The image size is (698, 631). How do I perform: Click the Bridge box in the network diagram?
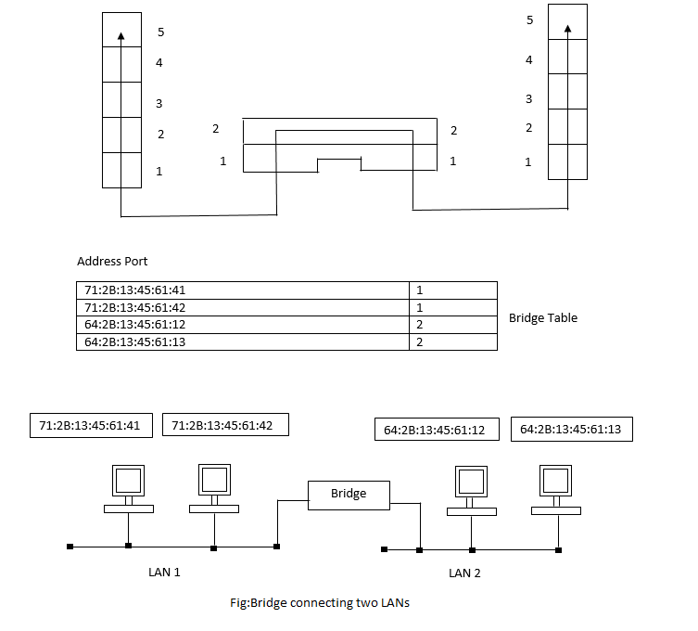pos(349,495)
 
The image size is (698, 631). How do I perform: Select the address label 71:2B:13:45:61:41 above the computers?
pos(89,425)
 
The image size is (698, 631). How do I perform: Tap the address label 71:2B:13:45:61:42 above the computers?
pos(224,425)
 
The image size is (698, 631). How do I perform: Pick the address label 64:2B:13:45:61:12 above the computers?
pos(436,430)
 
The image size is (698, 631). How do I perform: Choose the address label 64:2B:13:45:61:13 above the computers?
pos(570,429)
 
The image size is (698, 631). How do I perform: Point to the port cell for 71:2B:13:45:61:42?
pos(452,307)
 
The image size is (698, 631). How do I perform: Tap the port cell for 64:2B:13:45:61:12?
pos(452,325)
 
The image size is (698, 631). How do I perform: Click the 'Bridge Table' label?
pos(542,318)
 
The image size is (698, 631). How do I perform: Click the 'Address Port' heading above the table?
pos(112,262)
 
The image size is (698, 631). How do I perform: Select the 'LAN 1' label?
pos(164,572)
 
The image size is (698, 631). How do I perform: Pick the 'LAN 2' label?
pos(464,573)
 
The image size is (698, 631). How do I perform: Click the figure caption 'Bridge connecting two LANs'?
pos(320,602)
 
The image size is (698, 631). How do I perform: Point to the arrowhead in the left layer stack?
pos(121,36)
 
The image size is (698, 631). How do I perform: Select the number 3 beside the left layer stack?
pos(159,103)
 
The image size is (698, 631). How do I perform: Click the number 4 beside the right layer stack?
pos(529,60)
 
